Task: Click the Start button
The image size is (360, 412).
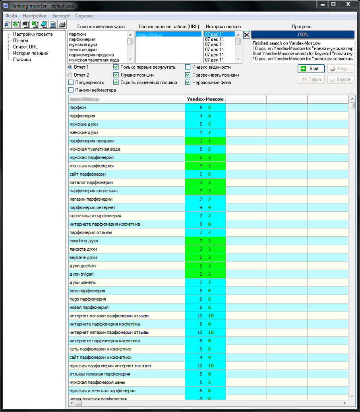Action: pyautogui.click(x=311, y=69)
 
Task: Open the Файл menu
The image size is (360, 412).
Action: pyautogui.click(x=11, y=16)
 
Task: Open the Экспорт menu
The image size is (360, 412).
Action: pyautogui.click(x=61, y=16)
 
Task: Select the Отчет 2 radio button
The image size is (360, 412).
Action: pyautogui.click(x=70, y=75)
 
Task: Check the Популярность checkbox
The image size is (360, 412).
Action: pyautogui.click(x=71, y=83)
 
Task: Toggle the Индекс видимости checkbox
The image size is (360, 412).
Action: pyautogui.click(x=188, y=67)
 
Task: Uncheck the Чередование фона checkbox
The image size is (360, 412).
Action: pyautogui.click(x=188, y=83)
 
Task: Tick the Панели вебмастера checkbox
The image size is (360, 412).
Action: pyautogui.click(x=71, y=90)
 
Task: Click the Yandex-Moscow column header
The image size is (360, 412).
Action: pyautogui.click(x=205, y=99)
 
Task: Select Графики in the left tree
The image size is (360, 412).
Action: pyautogui.click(x=22, y=60)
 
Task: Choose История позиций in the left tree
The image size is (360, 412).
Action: pyautogui.click(x=31, y=53)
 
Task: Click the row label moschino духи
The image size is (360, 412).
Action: pyautogui.click(x=83, y=241)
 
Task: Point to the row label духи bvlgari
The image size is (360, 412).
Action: pyautogui.click(x=83, y=275)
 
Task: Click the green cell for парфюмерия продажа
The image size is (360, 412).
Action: pyautogui.click(x=205, y=141)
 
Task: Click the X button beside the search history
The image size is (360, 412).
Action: pyautogui.click(x=247, y=35)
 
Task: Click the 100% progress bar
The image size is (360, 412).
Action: pyautogui.click(x=302, y=35)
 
